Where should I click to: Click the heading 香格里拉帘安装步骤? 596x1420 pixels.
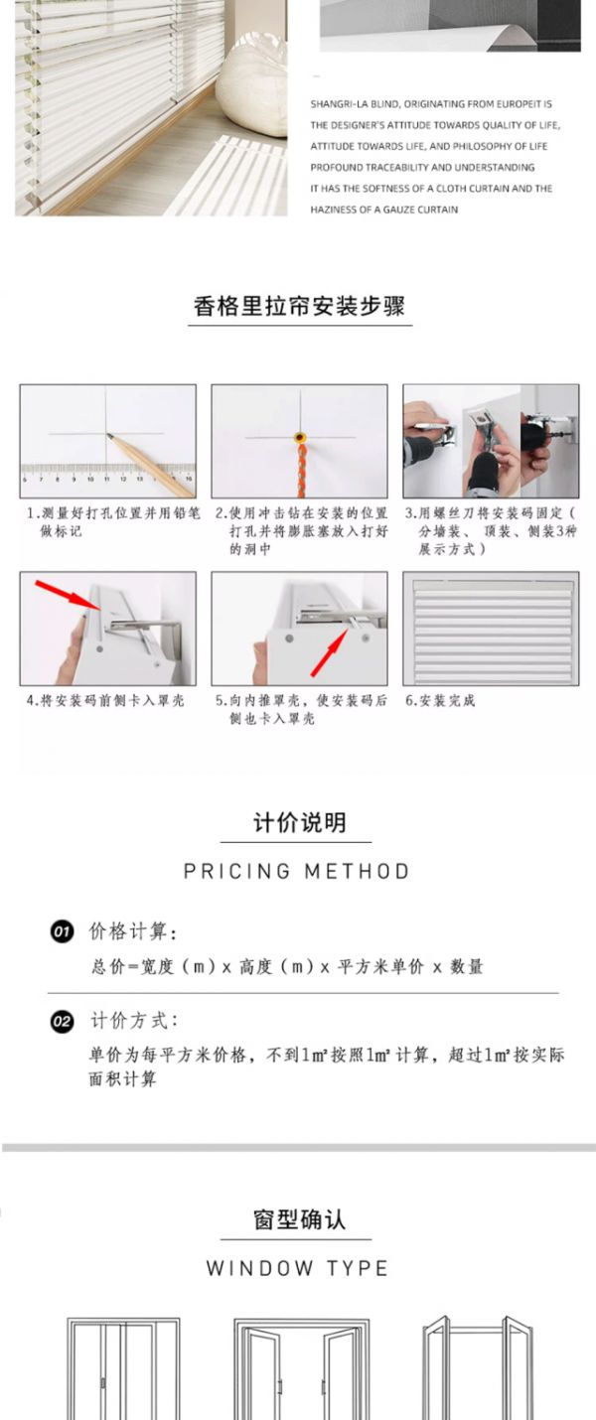(x=299, y=306)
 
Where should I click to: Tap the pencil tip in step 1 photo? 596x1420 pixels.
(x=108, y=436)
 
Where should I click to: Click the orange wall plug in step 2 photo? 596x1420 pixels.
(x=299, y=437)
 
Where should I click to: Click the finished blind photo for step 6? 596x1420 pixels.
(x=491, y=629)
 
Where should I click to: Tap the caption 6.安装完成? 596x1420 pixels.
(x=440, y=700)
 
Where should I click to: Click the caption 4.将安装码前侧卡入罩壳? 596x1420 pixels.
(x=105, y=700)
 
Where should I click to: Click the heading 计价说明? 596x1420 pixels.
(x=299, y=823)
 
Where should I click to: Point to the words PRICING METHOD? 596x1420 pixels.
(x=296, y=871)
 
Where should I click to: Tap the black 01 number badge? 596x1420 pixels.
(x=62, y=931)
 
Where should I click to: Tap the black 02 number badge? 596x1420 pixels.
(x=62, y=1021)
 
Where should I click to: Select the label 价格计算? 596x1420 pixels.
(x=133, y=931)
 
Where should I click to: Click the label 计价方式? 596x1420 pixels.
(x=134, y=1021)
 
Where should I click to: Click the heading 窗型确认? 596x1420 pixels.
(x=299, y=1219)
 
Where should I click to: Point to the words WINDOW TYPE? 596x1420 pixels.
(x=297, y=1268)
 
